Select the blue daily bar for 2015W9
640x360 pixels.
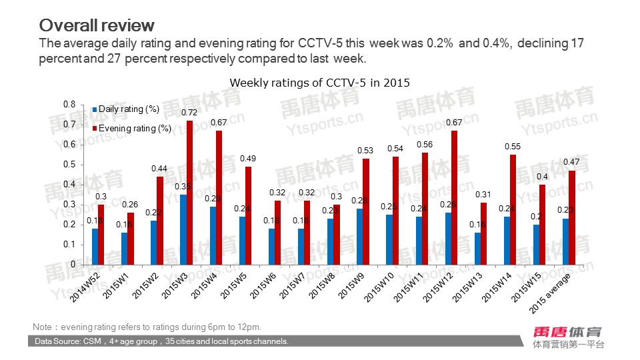pyautogui.click(x=359, y=237)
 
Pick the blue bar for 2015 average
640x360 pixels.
pyautogui.click(x=565, y=241)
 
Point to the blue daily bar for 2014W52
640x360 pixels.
pyautogui.click(x=95, y=247)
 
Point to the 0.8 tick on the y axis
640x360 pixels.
pyautogui.click(x=69, y=105)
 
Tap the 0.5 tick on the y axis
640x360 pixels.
pyautogui.click(x=69, y=165)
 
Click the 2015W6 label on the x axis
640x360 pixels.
pyautogui.click(x=260, y=284)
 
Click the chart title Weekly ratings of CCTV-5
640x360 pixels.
pyautogui.click(x=319, y=83)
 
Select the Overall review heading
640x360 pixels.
pyautogui.click(x=97, y=25)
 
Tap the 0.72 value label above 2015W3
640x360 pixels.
pyautogui.click(x=190, y=114)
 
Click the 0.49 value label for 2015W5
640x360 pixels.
pyautogui.click(x=249, y=159)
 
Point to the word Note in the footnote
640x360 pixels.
pyautogui.click(x=42, y=327)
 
